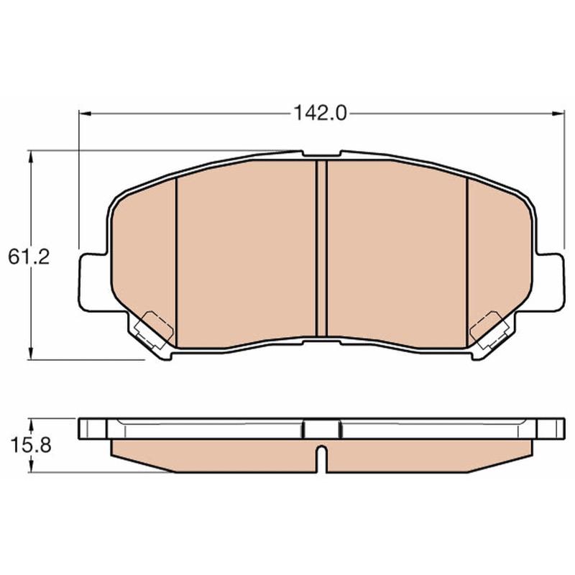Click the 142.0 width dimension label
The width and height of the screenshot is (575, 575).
[x=320, y=113]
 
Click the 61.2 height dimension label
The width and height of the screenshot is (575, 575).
[x=29, y=257]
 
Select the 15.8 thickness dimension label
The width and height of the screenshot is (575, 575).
[x=31, y=446]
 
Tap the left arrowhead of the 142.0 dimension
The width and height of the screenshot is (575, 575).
[x=85, y=114]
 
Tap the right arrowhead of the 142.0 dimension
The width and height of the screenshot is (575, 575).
[x=559, y=114]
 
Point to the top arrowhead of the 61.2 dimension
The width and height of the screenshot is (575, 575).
[x=31, y=157]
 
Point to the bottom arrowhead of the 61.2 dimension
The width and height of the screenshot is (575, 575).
[x=31, y=354]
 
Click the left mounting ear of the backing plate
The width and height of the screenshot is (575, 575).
[x=94, y=282]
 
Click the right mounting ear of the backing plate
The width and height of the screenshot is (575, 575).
[x=549, y=282]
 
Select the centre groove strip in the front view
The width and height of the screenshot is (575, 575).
[x=321, y=248]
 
